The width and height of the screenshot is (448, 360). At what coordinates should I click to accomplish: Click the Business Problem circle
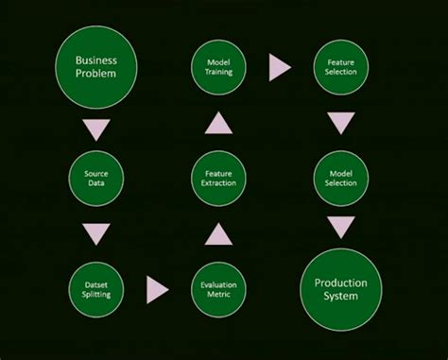pyautogui.click(x=96, y=67)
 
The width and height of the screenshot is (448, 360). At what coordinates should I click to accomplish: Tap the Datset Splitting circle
pyautogui.click(x=96, y=289)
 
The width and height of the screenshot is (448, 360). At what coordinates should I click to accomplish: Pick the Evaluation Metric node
pyautogui.click(x=218, y=289)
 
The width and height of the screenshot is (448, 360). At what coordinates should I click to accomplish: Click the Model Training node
pyautogui.click(x=218, y=67)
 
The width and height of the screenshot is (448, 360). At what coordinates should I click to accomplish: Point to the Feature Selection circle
pyautogui.click(x=340, y=67)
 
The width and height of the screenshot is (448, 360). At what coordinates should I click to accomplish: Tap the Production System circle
pyautogui.click(x=340, y=289)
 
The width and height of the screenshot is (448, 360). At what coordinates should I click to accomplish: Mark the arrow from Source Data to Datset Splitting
pyautogui.click(x=96, y=233)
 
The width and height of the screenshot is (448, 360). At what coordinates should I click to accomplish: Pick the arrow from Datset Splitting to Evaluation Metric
pyautogui.click(x=158, y=289)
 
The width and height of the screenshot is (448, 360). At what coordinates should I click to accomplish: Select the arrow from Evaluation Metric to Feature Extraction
pyautogui.click(x=218, y=233)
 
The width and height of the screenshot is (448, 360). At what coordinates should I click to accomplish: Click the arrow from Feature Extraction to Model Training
pyautogui.click(x=218, y=122)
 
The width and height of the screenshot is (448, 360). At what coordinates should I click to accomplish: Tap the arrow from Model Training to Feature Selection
pyautogui.click(x=280, y=67)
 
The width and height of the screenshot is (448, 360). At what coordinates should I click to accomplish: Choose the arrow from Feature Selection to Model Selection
pyautogui.click(x=341, y=123)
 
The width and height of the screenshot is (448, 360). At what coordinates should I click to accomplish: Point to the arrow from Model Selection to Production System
pyautogui.click(x=341, y=227)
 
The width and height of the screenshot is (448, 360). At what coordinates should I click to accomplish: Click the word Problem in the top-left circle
pyautogui.click(x=96, y=75)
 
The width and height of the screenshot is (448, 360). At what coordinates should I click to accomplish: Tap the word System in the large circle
pyautogui.click(x=340, y=297)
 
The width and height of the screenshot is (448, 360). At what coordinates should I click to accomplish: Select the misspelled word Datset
pyautogui.click(x=96, y=283)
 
